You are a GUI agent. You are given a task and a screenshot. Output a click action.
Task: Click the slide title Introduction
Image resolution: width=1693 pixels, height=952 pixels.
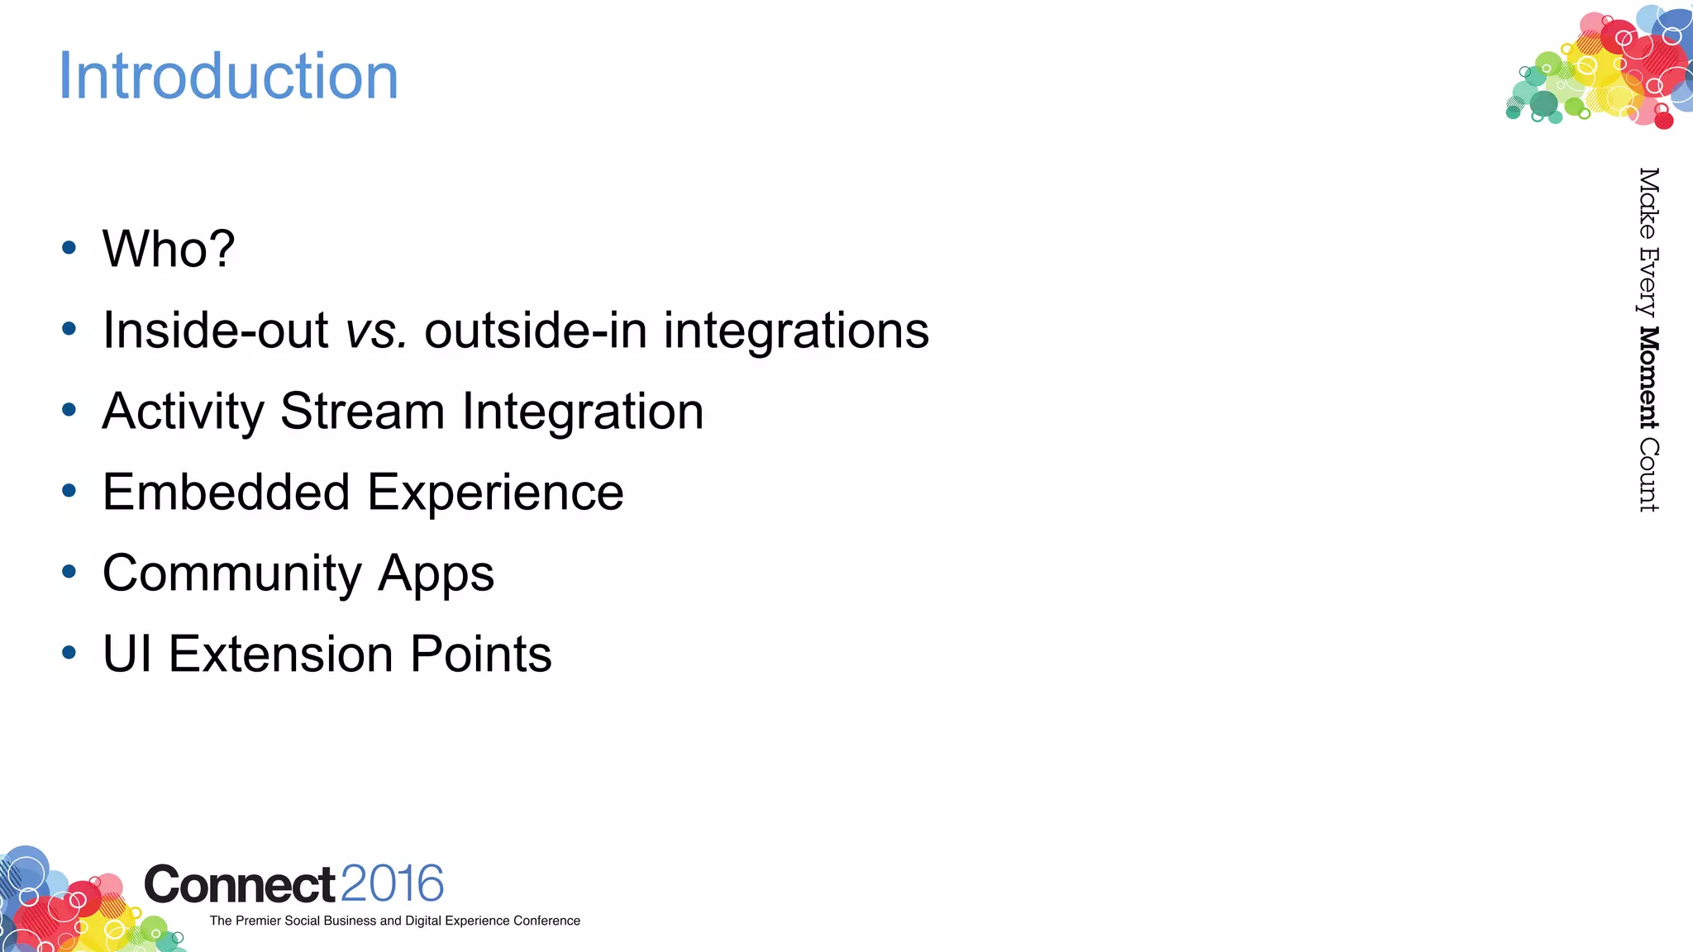228,76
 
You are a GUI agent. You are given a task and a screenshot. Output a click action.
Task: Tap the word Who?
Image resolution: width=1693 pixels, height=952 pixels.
169,249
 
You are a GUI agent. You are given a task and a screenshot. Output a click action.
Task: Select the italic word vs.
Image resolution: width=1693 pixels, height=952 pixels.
376,331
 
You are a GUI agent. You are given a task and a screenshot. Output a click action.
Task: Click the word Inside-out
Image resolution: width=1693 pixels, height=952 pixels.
215,331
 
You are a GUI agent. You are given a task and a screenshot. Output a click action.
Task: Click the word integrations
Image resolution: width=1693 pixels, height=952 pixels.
796,331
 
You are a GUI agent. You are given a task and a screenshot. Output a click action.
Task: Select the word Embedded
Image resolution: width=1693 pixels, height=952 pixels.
227,493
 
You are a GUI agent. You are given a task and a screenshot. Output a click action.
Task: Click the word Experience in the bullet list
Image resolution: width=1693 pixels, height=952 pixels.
495,493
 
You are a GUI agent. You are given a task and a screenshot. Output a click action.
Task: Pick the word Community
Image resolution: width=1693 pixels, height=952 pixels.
232,574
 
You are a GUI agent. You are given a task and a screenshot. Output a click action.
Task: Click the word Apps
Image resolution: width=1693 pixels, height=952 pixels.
436,574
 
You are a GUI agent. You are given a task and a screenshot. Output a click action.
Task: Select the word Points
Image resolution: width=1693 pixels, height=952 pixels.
480,654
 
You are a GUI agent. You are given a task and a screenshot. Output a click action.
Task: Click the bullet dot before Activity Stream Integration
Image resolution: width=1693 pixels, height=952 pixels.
69,409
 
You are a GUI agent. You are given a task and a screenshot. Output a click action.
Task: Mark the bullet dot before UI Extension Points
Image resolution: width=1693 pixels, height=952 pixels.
69,652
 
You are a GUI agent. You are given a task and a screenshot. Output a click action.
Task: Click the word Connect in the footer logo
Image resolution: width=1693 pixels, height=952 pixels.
240,885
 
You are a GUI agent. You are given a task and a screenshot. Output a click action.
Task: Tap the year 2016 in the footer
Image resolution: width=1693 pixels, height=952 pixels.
392,884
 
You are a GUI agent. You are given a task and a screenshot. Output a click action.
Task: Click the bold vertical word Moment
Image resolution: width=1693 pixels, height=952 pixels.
1648,378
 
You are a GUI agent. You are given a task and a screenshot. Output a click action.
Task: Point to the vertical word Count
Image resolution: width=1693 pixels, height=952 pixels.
1648,474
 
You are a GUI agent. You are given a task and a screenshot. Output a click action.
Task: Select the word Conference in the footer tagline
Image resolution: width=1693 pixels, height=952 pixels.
546,921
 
